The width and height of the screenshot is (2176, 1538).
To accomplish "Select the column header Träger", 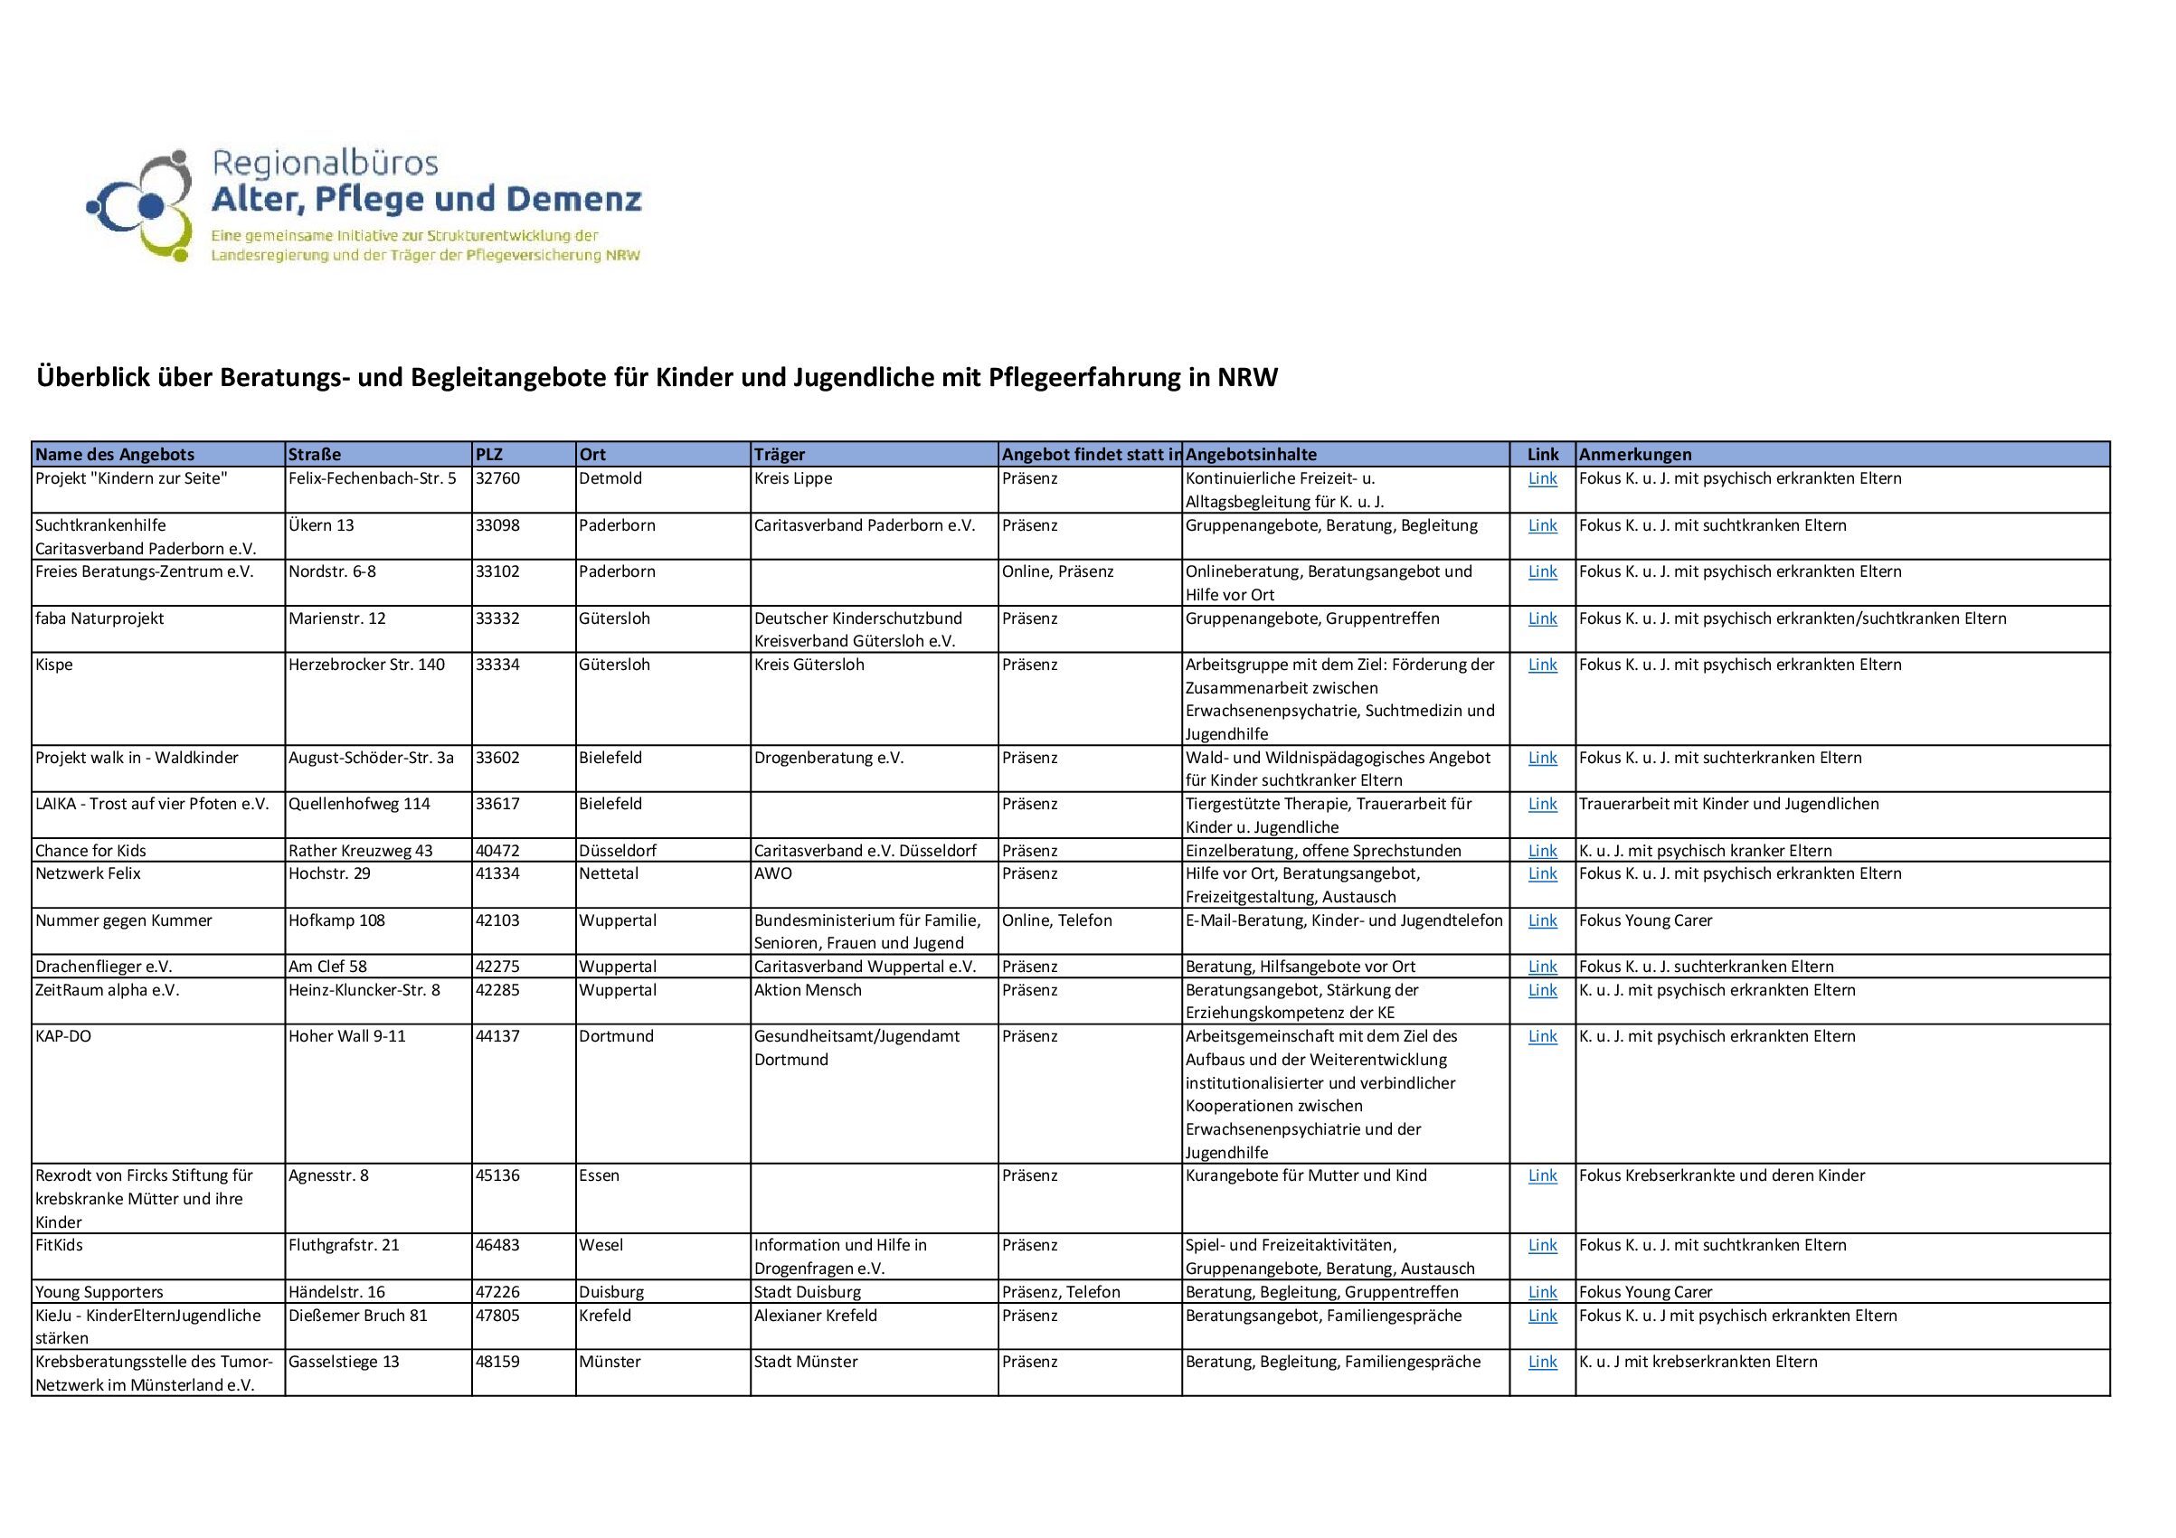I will tap(780, 455).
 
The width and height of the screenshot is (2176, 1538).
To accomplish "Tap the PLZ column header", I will tap(489, 455).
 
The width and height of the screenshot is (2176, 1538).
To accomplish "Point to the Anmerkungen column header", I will tap(1635, 455).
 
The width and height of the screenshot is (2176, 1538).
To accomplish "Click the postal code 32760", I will tap(497, 478).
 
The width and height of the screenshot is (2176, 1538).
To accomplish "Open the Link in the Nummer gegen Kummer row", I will tap(1542, 920).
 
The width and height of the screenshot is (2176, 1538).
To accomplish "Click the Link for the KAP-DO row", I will tap(1542, 1037).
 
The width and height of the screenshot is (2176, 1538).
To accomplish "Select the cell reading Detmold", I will tap(610, 478).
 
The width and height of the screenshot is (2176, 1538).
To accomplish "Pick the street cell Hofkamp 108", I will tap(336, 920).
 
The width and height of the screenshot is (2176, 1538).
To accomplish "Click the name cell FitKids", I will tap(59, 1245).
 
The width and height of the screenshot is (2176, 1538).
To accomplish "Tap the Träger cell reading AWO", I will tap(772, 873).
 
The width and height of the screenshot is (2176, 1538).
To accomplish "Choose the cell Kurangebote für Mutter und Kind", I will tap(1305, 1176).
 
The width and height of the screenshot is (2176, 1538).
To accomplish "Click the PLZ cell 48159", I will tap(497, 1362).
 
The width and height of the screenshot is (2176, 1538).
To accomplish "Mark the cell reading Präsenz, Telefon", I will tap(1061, 1293).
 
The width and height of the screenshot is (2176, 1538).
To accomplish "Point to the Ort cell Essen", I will tap(599, 1176).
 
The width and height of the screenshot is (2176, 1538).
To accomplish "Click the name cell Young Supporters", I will tap(99, 1293).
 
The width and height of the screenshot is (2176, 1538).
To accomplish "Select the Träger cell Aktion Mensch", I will tap(808, 990).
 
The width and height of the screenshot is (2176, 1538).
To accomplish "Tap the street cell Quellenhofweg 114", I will tap(359, 805).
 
